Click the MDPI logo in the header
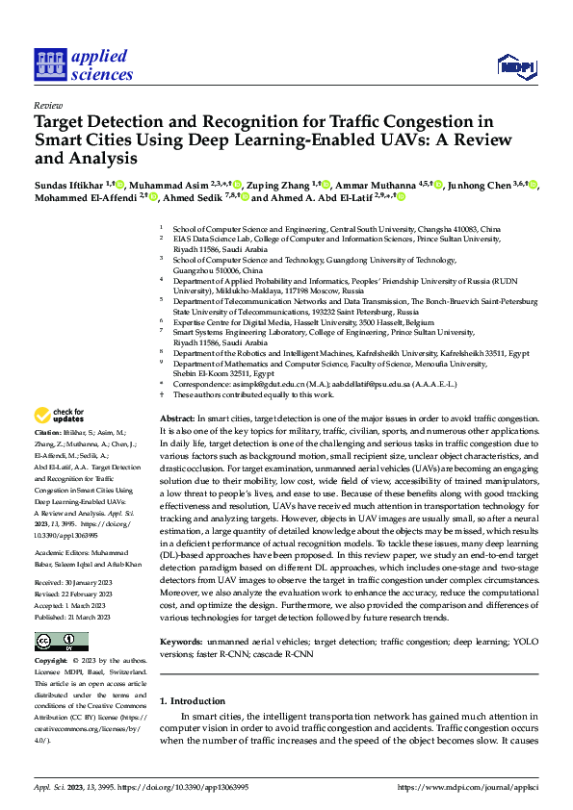(x=516, y=64)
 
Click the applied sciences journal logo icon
(x=49, y=64)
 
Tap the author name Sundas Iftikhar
(x=67, y=184)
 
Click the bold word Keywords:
(x=181, y=612)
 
